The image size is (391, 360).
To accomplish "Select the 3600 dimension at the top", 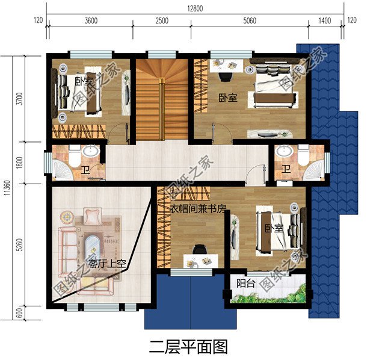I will pos(90,20).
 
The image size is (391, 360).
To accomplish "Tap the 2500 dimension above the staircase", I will pos(161,20).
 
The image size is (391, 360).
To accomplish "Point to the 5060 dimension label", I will pos(250,20).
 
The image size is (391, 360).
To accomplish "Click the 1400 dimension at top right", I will pos(325,20).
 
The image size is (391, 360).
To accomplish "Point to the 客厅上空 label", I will pos(107,263).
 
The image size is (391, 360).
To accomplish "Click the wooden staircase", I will pos(161,99).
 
